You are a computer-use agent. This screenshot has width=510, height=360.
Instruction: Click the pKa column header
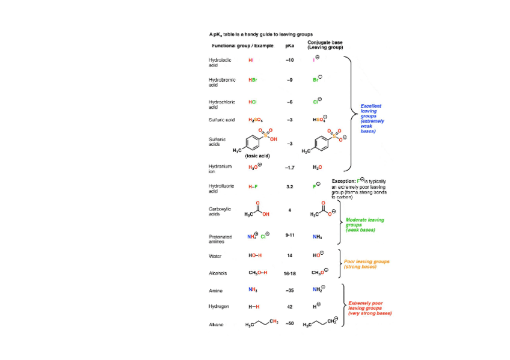click(289, 46)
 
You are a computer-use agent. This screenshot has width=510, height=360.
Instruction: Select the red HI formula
click(251, 60)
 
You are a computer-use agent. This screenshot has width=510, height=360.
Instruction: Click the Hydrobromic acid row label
click(222, 82)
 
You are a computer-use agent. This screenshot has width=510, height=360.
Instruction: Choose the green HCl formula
click(253, 102)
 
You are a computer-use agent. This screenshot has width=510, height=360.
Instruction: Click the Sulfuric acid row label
click(221, 120)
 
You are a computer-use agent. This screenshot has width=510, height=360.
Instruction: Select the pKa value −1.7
click(289, 168)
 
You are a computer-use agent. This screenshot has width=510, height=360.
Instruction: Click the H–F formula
click(253, 187)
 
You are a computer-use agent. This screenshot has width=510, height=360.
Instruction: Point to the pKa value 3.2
click(289, 187)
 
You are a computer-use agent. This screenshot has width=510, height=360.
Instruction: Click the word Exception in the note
click(343, 181)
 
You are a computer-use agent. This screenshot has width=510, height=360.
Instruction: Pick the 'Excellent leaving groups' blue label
click(372, 118)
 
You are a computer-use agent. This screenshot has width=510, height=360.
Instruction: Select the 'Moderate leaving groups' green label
click(364, 225)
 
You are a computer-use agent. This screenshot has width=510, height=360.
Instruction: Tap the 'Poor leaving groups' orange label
click(366, 264)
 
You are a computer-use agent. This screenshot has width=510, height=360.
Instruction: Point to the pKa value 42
click(289, 307)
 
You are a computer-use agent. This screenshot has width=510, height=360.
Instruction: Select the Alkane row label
click(216, 325)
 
